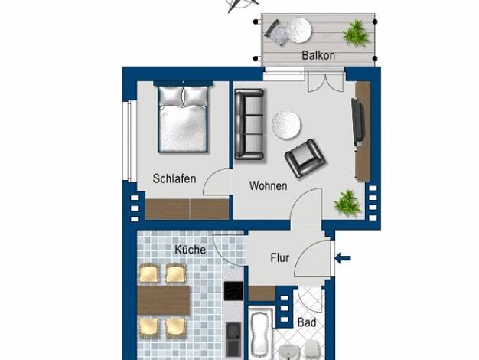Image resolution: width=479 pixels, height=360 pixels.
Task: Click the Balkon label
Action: (318, 55)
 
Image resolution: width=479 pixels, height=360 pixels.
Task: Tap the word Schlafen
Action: (174, 178)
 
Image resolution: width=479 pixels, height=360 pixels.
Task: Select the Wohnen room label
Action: (269, 185)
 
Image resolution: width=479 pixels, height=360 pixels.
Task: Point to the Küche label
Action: (190, 250)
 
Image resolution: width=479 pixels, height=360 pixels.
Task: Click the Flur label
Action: (279, 258)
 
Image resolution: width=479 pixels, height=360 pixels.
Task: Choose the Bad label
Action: (307, 322)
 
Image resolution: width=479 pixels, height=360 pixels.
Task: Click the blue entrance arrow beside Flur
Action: (343, 258)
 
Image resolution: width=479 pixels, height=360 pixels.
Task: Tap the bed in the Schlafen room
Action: (183, 119)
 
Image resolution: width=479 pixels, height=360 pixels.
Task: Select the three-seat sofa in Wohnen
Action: (249, 125)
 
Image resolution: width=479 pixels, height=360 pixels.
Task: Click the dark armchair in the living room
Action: (305, 159)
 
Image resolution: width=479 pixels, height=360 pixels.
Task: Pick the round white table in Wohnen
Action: (286, 125)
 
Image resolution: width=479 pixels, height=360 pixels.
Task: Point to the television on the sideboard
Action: (358, 122)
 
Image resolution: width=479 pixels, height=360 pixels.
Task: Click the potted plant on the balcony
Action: (355, 33)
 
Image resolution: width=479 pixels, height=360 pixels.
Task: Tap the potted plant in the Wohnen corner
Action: (347, 202)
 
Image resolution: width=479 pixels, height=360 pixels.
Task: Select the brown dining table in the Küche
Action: (164, 300)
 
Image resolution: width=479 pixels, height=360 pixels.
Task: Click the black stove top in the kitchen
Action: (233, 291)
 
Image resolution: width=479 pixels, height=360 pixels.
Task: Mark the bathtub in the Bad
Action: (260, 333)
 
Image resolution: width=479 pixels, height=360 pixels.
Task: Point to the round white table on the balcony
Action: (299, 30)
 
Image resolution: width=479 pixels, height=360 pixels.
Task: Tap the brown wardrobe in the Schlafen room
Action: (187, 209)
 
